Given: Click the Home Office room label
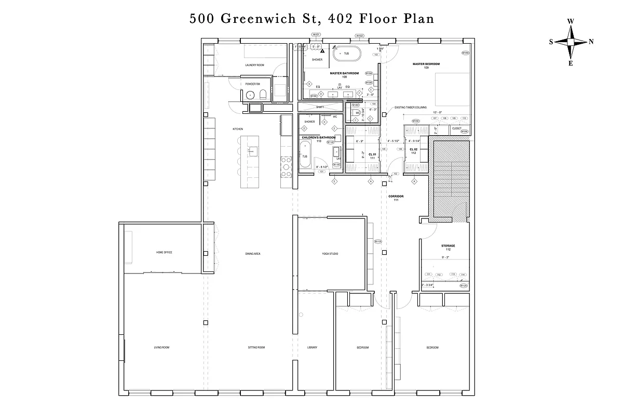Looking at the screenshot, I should tap(164, 253).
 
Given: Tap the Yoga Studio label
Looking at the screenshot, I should tap(330, 253).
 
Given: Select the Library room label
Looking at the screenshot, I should tap(311, 347).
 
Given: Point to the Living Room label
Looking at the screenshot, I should tap(161, 347).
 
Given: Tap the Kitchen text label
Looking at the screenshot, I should tap(238, 129).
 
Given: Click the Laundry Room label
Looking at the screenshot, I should tap(255, 65).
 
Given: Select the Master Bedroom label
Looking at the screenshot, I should tap(426, 64).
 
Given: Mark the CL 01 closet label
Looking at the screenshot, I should tap(372, 155).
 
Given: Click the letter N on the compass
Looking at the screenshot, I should tap(591, 42).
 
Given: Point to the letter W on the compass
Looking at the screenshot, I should tap(571, 21).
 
